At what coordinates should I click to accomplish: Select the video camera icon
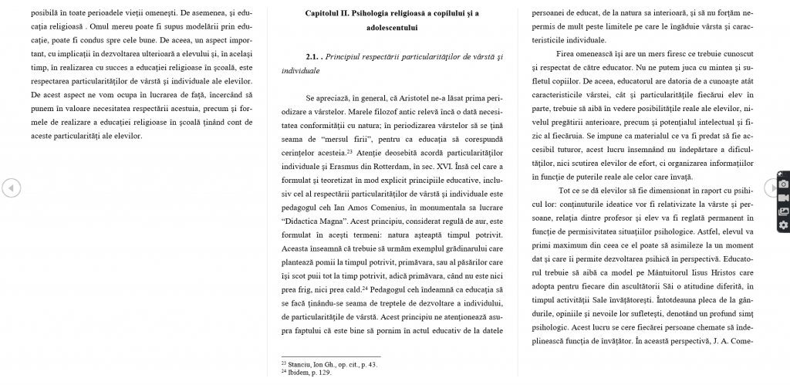coord(783,198)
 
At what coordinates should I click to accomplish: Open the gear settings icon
coord(783,225)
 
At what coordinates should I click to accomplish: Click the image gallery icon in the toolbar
coord(783,211)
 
